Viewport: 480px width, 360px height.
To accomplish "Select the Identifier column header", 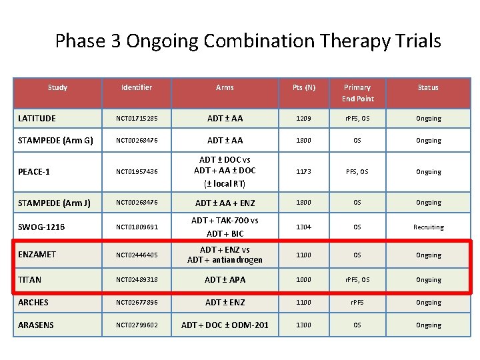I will pos(136,87).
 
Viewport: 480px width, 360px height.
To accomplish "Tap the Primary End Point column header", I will pos(357,93).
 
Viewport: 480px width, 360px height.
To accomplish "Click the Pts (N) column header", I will pos(304,87).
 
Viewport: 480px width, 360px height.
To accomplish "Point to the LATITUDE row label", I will pos(37,119).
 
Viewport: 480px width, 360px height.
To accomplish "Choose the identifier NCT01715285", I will pos(137,119).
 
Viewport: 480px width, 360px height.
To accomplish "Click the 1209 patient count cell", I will pos(304,119).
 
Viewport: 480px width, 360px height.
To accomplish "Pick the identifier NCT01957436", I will pos(137,172).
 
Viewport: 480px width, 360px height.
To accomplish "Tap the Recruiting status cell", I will pos(428,227).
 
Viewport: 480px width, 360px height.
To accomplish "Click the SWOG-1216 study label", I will pos(41,227).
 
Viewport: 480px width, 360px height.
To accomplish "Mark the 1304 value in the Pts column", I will pos(304,227).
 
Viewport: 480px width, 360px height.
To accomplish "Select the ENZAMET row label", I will pos(37,255).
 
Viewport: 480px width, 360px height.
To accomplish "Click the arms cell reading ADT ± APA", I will pos(225,280).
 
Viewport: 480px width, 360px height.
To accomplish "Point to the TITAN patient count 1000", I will pos(304,280).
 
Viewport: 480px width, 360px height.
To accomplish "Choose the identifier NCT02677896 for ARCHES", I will pos(137,303).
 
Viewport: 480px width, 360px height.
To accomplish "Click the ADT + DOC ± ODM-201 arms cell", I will pos(225,325).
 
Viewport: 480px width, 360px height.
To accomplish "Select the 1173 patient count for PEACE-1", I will pos(304,172).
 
